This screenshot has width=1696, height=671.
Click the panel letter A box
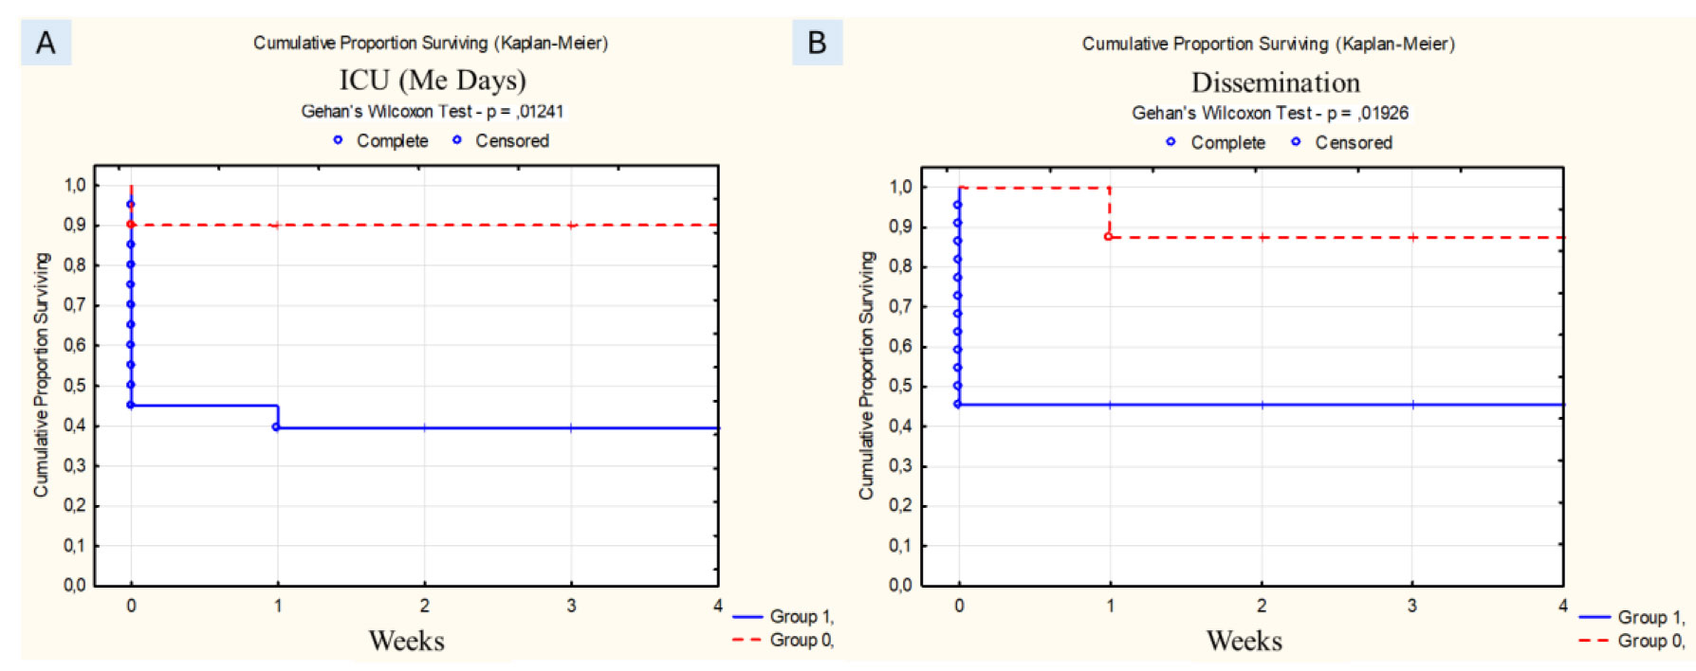point(46,43)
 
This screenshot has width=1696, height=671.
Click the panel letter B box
point(817,43)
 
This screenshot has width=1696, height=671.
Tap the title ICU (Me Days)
point(433,81)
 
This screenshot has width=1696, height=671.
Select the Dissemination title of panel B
point(1275,82)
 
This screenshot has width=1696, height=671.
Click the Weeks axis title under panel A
point(406,641)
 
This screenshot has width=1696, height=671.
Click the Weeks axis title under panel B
point(1244,641)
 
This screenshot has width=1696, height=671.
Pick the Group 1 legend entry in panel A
point(783,616)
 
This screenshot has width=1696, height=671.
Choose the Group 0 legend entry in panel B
point(1631,641)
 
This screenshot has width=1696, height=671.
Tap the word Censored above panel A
point(512,141)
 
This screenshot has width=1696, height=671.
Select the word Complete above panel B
point(1227,143)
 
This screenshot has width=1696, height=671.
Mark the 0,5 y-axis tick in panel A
point(74,386)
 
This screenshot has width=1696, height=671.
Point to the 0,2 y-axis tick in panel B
point(900,506)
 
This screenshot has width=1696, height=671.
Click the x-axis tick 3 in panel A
point(571,606)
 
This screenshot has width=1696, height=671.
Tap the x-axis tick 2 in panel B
point(1262,606)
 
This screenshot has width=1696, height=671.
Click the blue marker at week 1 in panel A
point(276,427)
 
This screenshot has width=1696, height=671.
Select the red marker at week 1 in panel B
point(1108,237)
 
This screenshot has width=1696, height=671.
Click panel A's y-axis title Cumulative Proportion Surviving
point(41,374)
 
